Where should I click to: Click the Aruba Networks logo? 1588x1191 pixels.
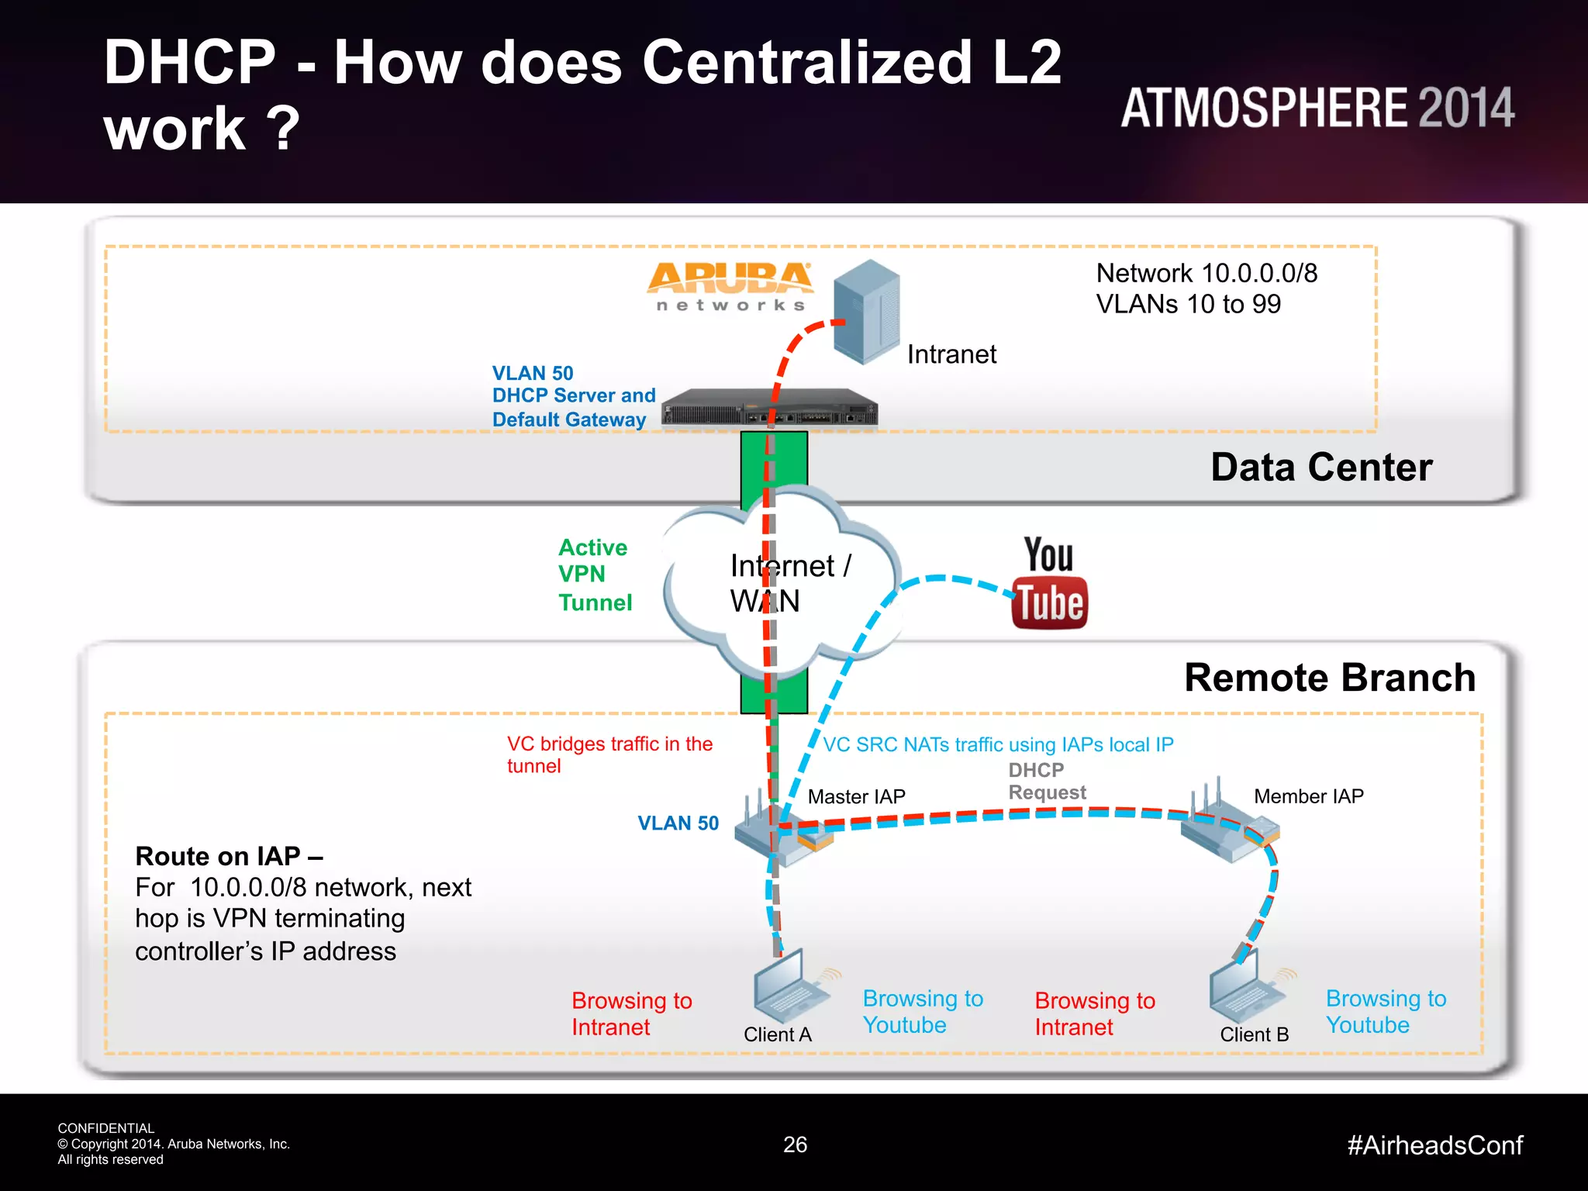coord(730,286)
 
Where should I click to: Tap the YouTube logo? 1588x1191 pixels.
coord(1049,583)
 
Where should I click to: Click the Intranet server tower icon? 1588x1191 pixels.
coord(867,312)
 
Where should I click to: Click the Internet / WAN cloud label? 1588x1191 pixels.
coord(789,583)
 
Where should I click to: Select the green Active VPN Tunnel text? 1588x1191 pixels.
coord(595,575)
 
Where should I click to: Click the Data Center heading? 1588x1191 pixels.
coord(1321,468)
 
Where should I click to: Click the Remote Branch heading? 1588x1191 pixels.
coord(1329,678)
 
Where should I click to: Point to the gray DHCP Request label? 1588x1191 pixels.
coord(1046,781)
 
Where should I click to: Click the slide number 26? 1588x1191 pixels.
coord(795,1144)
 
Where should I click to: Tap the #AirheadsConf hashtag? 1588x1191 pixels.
coord(1434,1145)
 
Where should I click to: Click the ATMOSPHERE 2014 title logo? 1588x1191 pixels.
coord(1317,108)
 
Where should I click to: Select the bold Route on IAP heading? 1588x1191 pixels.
coord(229,856)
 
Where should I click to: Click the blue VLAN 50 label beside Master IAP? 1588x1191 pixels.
coord(678,823)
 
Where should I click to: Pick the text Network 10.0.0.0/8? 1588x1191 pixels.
coord(1206,273)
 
